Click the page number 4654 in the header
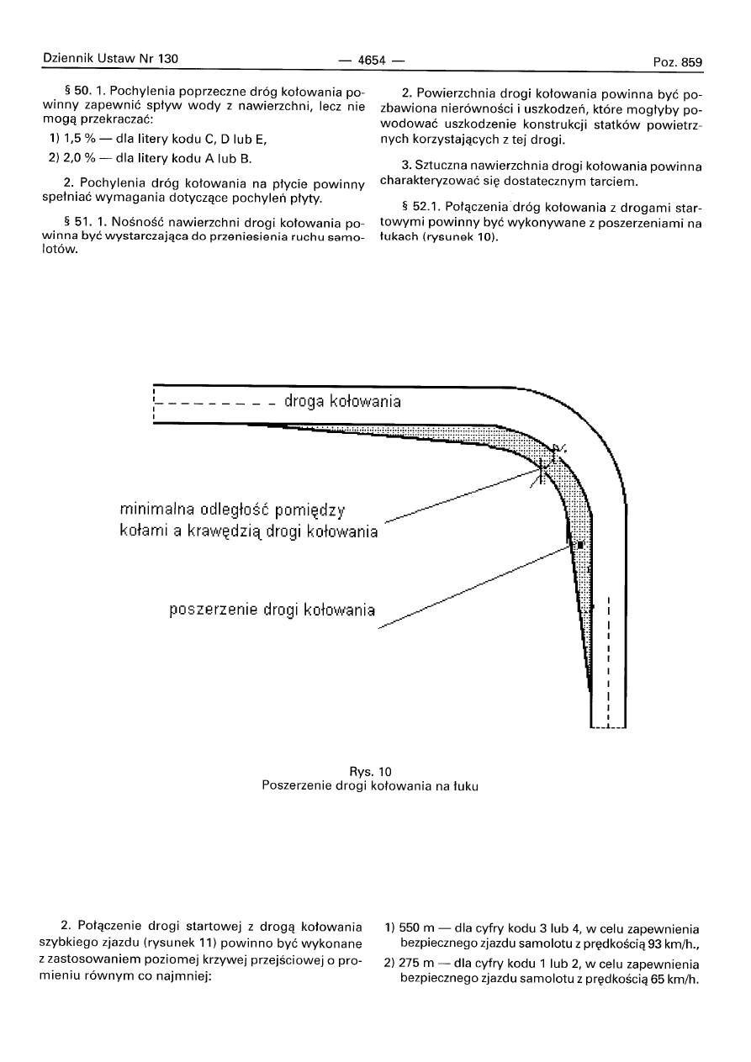(371, 60)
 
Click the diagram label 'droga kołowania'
(342, 401)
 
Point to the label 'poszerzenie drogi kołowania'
(272, 608)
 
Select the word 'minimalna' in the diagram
(160, 510)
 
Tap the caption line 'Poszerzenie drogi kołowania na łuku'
(375, 785)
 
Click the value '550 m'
(417, 930)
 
